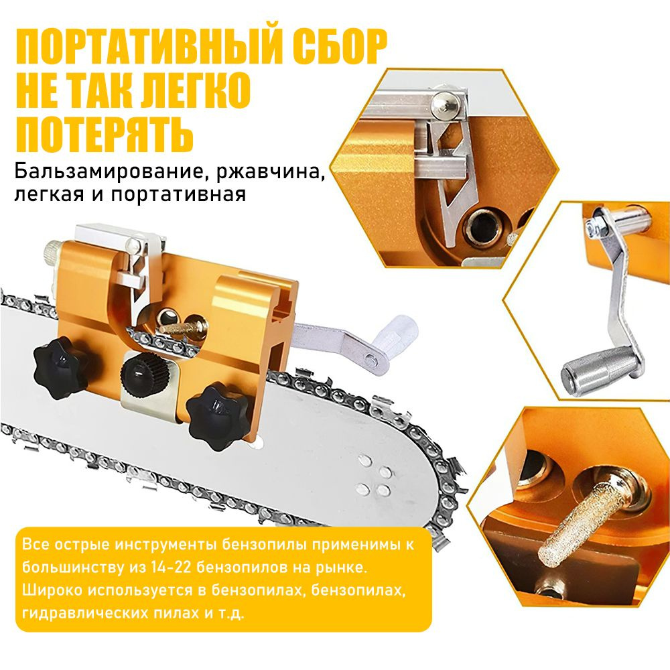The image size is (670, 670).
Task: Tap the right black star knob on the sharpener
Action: click(218, 417)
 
